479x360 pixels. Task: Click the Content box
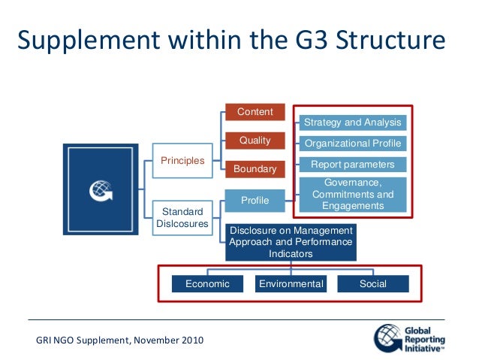click(255, 113)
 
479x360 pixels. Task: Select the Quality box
click(255, 141)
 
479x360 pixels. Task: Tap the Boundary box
click(255, 169)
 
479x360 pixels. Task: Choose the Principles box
click(182, 160)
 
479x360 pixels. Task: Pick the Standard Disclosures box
click(182, 216)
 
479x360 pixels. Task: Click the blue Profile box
click(255, 201)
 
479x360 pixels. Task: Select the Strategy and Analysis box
click(352, 123)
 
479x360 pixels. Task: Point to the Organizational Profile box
click(352, 144)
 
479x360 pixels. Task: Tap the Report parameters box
click(352, 164)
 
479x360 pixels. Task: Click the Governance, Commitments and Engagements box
click(352, 195)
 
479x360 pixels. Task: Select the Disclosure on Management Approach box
click(291, 242)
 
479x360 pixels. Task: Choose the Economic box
click(207, 284)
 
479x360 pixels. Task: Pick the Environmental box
click(291, 284)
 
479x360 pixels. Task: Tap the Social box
click(373, 284)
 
